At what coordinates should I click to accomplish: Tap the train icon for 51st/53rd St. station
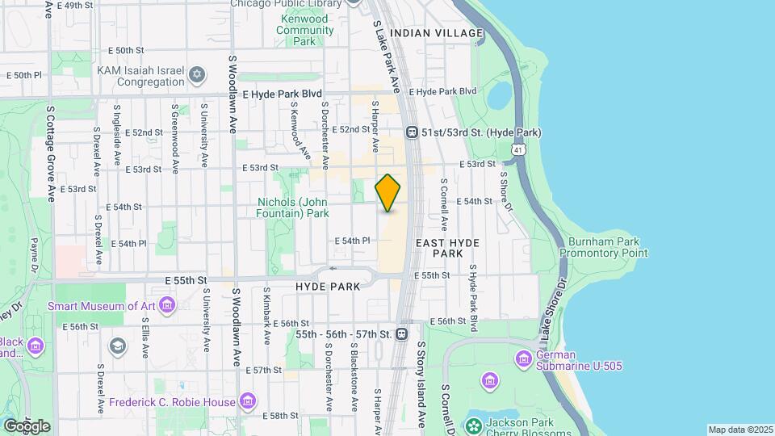412,132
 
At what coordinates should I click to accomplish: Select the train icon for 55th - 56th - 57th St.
401,333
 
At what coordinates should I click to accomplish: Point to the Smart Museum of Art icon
167,306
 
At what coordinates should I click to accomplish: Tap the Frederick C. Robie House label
172,402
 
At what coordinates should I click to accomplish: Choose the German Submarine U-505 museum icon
524,358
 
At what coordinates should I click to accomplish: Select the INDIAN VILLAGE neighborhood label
437,33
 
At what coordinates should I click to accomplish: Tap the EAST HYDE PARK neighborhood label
448,248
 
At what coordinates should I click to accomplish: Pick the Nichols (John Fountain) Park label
293,208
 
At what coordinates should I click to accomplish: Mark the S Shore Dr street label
506,191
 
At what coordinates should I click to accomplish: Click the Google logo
27,426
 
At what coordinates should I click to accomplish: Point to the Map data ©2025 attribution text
739,430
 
